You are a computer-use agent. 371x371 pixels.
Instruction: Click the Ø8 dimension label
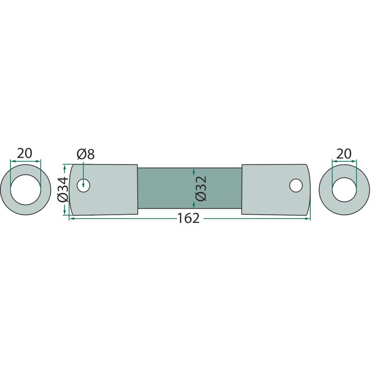click(x=86, y=154)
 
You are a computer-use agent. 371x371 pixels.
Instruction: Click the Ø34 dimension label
click(x=63, y=190)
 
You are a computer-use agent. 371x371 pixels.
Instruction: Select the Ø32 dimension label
click(x=201, y=188)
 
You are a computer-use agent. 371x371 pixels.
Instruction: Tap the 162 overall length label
click(x=188, y=218)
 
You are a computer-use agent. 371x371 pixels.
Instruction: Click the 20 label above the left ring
click(x=25, y=154)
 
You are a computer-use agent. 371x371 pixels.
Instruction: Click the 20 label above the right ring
click(x=344, y=154)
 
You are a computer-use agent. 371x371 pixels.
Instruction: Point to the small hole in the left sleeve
click(x=83, y=185)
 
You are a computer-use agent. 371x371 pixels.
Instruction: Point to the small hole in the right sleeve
click(x=296, y=185)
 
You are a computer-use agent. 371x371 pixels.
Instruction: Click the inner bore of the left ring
click(x=26, y=190)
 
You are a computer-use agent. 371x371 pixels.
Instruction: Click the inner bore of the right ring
click(x=344, y=190)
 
